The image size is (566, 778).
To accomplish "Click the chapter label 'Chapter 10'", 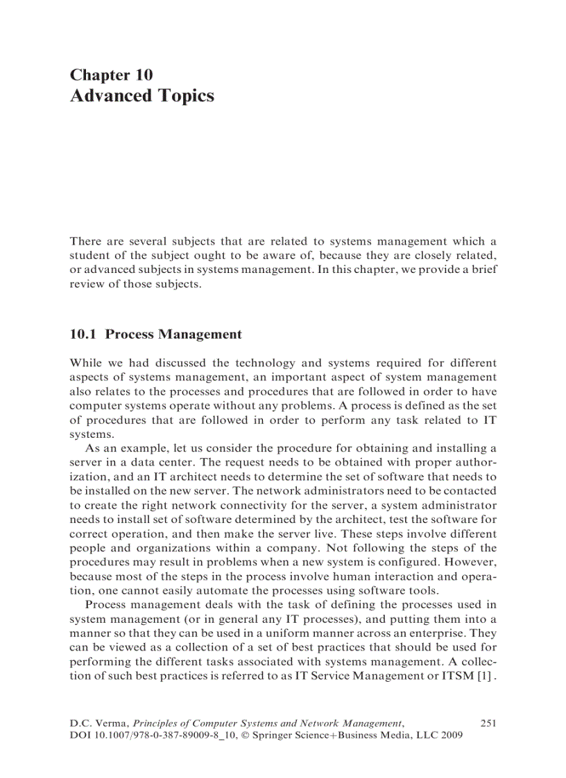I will pos(111,75).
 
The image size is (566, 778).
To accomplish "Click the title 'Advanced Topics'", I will pos(141,96).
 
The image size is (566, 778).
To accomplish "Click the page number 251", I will pos(488,723).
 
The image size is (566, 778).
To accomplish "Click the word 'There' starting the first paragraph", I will pos(85,242).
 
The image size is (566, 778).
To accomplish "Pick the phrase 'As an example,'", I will pos(121,448).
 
